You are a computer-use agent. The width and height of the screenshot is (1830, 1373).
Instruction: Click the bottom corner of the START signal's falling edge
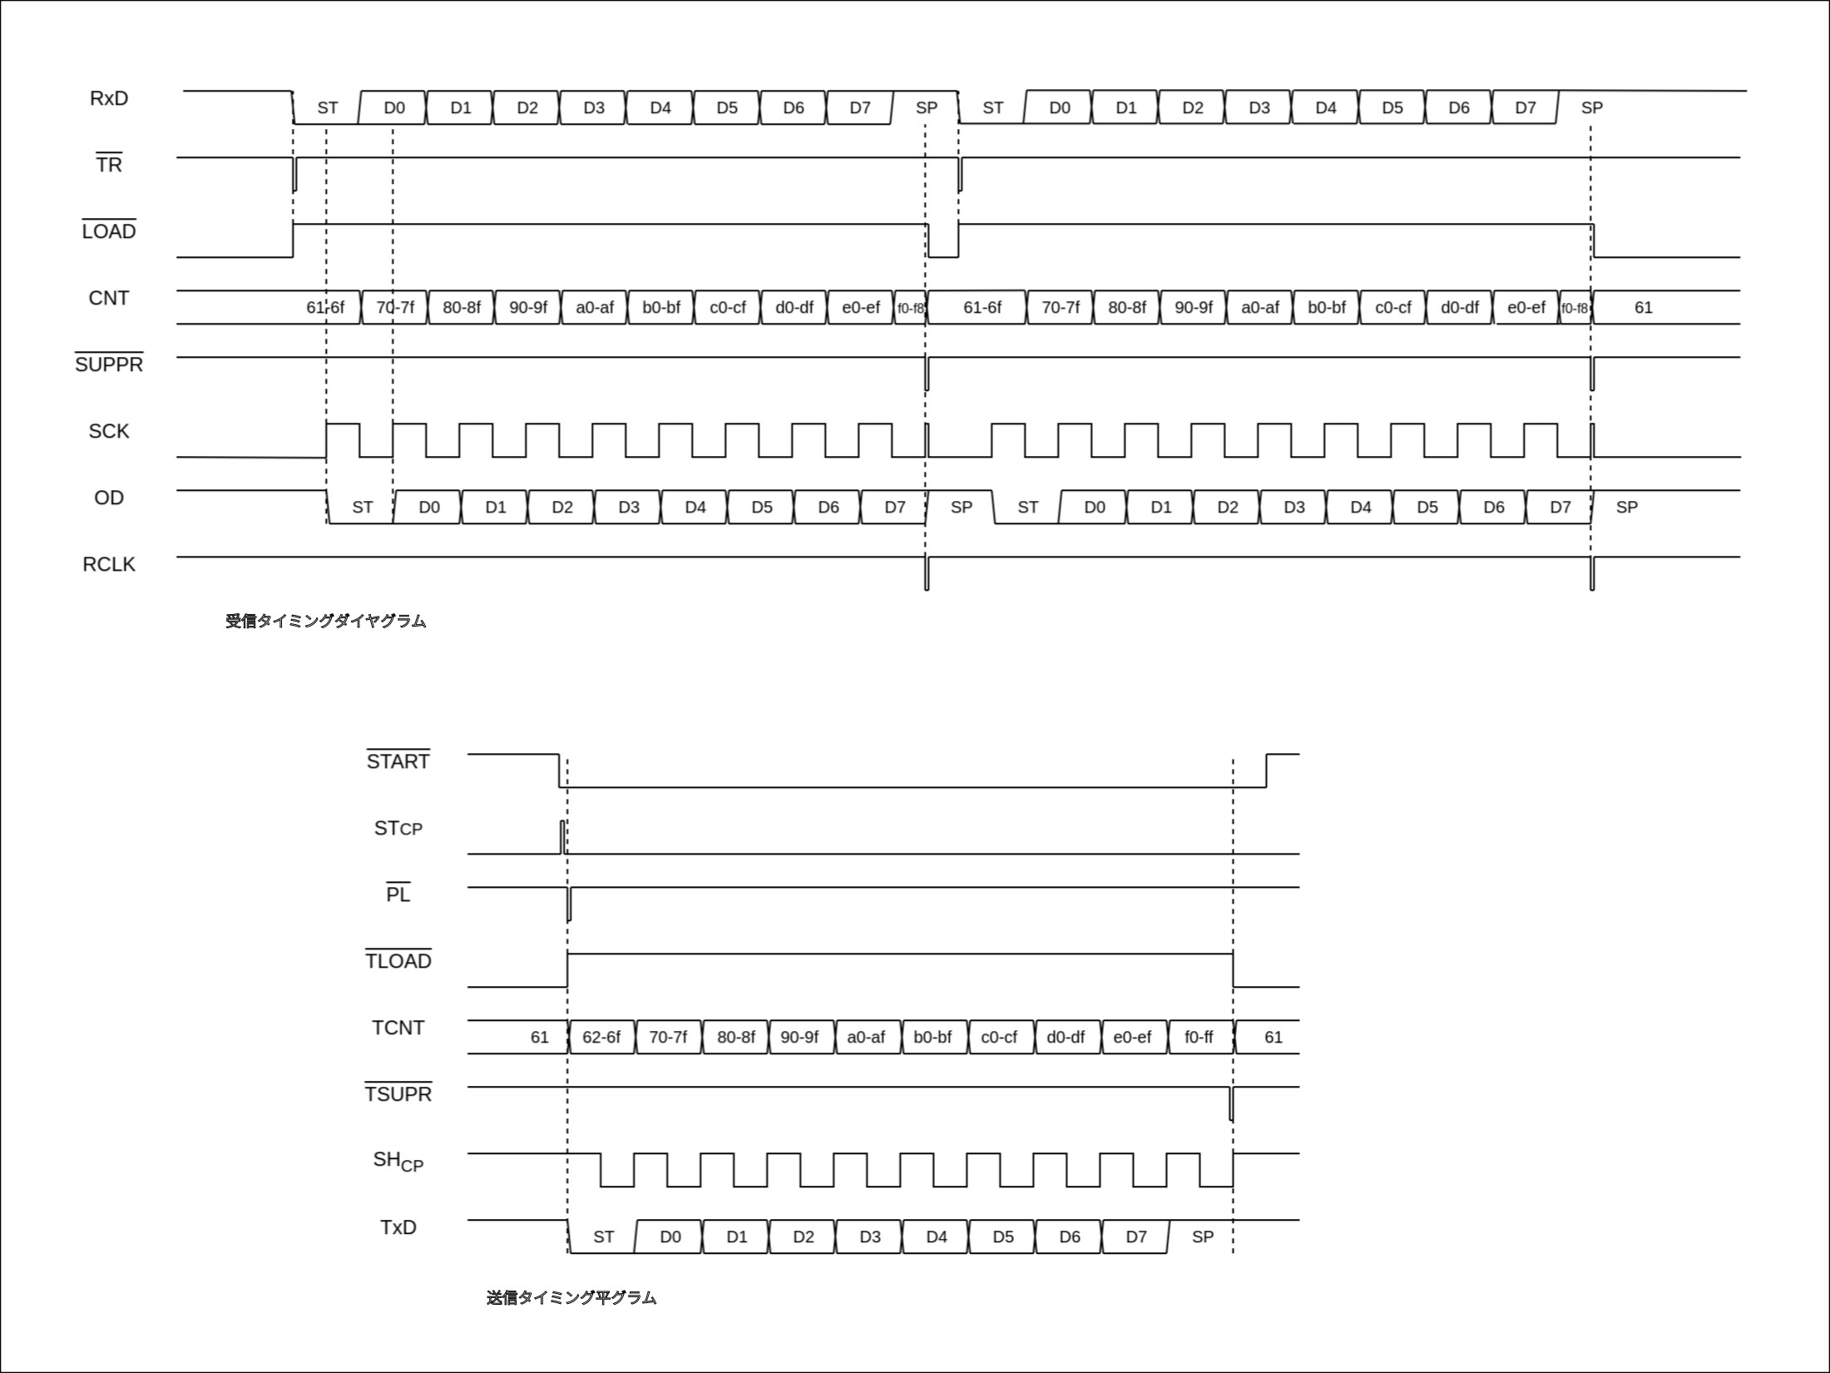[x=559, y=786]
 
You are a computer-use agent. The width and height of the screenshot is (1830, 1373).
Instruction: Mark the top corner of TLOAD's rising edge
[x=567, y=954]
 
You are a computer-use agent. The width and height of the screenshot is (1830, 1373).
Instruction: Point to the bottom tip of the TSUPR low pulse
[x=1231, y=1120]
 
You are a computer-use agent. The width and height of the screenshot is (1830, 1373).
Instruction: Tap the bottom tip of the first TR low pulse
[x=294, y=191]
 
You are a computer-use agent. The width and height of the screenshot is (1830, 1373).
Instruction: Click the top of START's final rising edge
[x=1266, y=754]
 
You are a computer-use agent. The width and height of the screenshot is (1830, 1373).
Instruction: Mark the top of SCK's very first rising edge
[x=326, y=424]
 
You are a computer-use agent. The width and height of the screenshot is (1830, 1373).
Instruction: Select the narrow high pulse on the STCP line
[x=562, y=837]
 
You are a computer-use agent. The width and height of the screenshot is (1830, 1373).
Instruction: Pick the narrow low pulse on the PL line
[x=569, y=904]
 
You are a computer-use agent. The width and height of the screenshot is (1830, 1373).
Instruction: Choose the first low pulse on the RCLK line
[x=927, y=573]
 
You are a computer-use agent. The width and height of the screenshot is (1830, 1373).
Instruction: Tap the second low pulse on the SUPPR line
[x=1592, y=374]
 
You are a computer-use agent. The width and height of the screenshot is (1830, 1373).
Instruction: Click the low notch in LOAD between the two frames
[x=942, y=240]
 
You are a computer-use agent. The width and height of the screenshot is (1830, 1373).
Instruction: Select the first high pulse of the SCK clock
[x=343, y=440]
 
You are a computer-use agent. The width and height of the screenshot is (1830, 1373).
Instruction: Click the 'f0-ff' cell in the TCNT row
[x=1199, y=1037]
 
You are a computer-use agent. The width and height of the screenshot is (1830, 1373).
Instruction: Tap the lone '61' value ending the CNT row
[x=1644, y=308]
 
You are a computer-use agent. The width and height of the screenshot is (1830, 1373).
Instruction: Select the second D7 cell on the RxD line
[x=1525, y=107]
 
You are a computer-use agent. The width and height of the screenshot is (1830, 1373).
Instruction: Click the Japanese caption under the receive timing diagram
[x=326, y=621]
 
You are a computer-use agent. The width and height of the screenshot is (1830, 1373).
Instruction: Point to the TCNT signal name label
[x=398, y=1028]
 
